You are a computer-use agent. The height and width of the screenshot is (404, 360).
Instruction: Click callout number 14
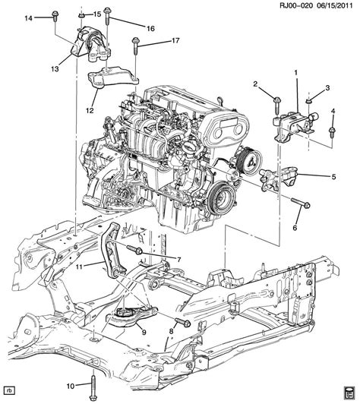click(29, 18)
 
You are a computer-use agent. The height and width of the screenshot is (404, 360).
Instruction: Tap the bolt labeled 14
click(55, 16)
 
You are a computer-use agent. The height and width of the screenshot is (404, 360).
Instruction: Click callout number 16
click(150, 28)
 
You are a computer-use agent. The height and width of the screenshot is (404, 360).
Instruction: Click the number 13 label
click(55, 69)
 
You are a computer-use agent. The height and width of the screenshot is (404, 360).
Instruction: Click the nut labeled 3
click(308, 101)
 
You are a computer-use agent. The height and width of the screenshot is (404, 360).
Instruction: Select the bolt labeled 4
click(332, 131)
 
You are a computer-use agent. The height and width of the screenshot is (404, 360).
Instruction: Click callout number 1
click(296, 73)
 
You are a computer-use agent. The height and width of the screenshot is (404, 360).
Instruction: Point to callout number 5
click(333, 177)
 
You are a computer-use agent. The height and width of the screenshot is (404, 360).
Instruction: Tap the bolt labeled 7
click(134, 249)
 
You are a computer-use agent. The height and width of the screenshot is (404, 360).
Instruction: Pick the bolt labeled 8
click(183, 322)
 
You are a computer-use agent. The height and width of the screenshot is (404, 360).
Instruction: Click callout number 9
click(144, 333)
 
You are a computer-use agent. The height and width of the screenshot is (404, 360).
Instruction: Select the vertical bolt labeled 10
click(93, 386)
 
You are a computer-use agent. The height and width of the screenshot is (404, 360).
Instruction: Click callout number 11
click(79, 267)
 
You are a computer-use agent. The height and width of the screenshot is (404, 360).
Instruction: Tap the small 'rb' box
click(10, 390)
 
